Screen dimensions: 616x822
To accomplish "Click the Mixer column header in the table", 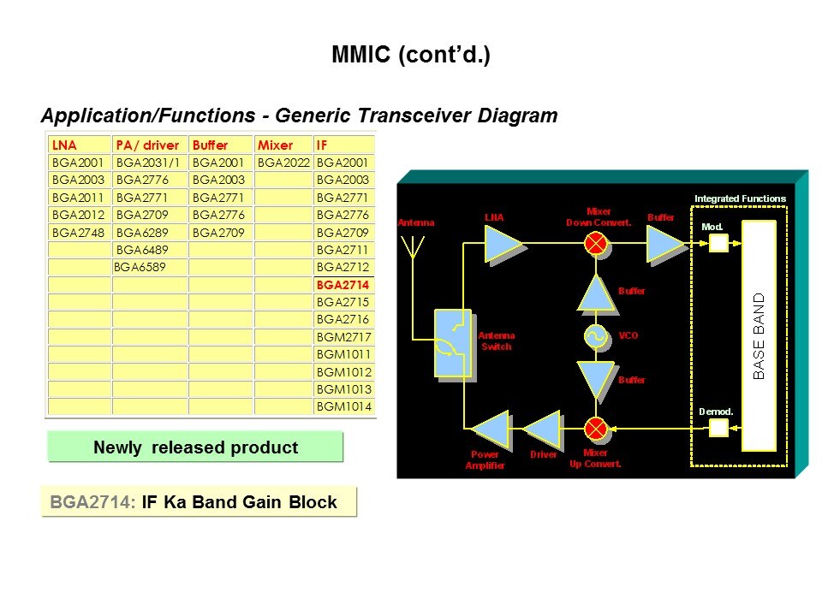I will click(275, 145).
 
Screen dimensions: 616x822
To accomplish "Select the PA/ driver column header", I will click(147, 145).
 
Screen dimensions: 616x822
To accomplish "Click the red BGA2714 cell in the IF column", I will click(342, 285).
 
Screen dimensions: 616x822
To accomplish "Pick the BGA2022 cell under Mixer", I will click(283, 163).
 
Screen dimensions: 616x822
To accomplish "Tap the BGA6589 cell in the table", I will click(140, 267).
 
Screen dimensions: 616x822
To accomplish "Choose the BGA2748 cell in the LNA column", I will click(78, 232).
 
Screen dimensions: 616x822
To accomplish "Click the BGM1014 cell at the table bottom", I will click(344, 406).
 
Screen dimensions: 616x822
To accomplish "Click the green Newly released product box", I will click(195, 447).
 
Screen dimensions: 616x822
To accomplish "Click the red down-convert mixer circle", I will click(596, 244).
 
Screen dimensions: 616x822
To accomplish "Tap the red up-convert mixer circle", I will click(596, 428).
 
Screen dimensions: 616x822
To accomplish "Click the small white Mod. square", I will click(718, 244).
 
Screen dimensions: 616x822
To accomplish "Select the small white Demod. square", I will click(718, 427).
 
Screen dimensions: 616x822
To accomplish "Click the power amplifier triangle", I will click(491, 429).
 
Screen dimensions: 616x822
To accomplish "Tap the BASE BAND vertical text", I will click(759, 336).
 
